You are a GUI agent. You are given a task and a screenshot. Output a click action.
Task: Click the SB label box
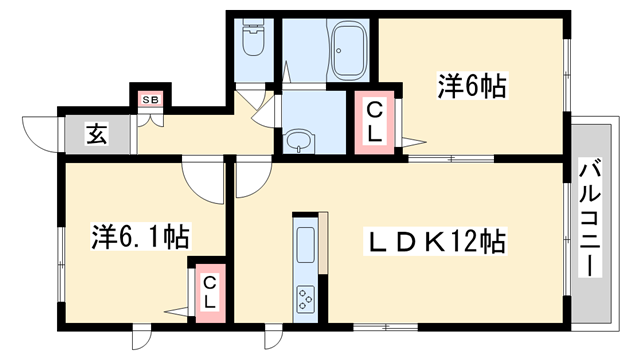pos(151,99)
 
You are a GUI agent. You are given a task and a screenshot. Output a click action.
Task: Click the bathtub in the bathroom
pos(349,52)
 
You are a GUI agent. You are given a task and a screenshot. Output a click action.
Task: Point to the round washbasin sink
pos(297,142)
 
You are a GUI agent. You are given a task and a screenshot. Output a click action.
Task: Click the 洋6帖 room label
pos(470,87)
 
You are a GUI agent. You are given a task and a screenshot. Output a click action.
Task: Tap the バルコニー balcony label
pos(591,217)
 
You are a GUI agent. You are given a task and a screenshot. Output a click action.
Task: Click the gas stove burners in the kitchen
pos(304,297)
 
